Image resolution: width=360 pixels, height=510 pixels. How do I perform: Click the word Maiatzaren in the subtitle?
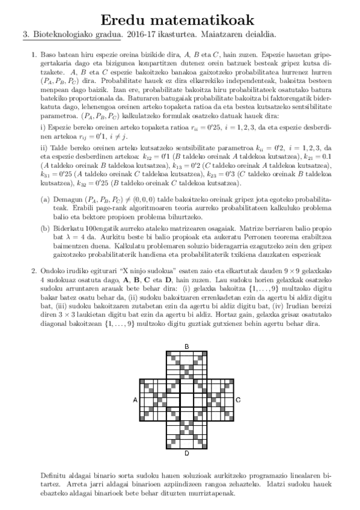[227, 36]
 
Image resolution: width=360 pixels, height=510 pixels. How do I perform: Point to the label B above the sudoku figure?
[187, 346]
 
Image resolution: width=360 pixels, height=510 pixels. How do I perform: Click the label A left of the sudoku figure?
[135, 399]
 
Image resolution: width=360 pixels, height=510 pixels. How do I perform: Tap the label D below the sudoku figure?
[187, 453]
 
